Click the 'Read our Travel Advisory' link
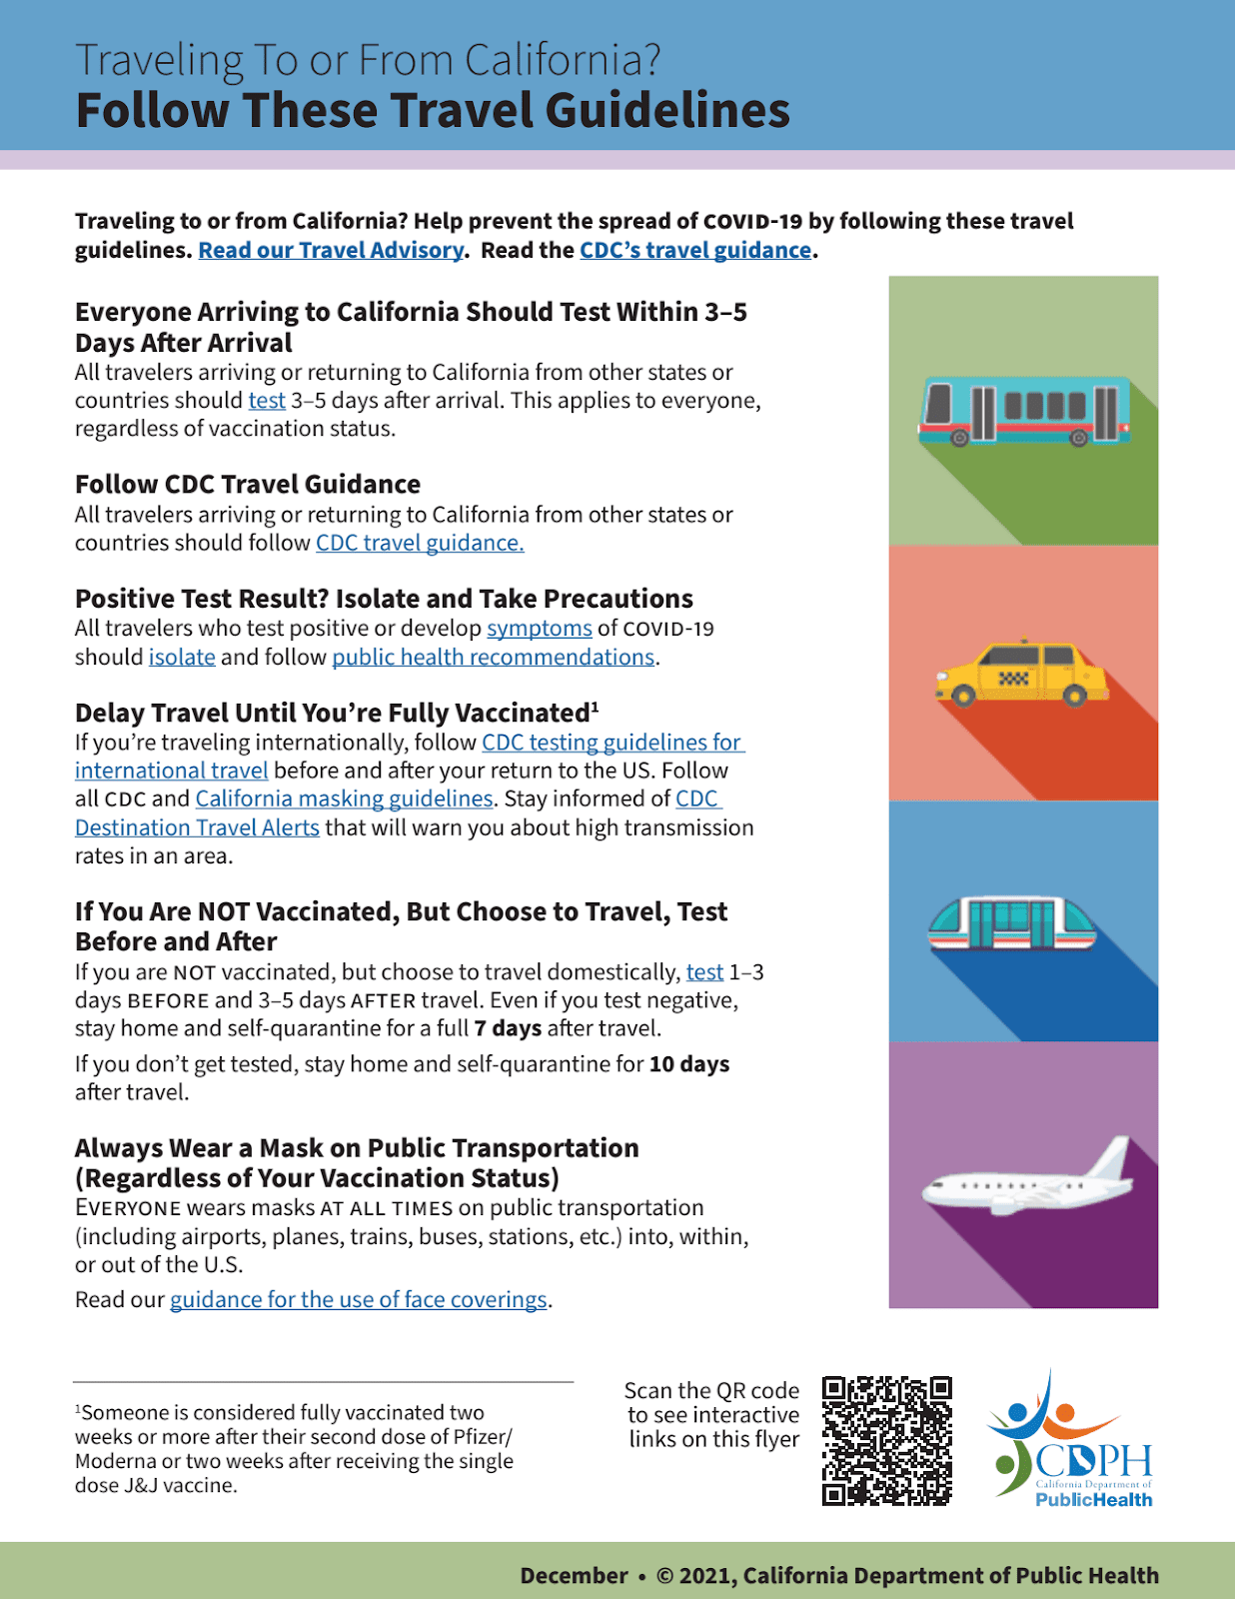pyautogui.click(x=331, y=250)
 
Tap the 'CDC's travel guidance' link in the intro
pyautogui.click(x=695, y=250)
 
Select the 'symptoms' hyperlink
pyautogui.click(x=540, y=629)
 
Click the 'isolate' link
pyautogui.click(x=182, y=658)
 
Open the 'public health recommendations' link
pyautogui.click(x=494, y=658)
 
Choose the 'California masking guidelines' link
pyautogui.click(x=344, y=799)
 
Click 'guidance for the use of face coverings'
pyautogui.click(x=359, y=1300)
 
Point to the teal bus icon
pyautogui.click(x=1023, y=411)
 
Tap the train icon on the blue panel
pyautogui.click(x=1011, y=923)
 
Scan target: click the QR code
pyautogui.click(x=886, y=1441)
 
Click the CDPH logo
pyautogui.click(x=1070, y=1441)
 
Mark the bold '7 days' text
pyautogui.click(x=508, y=1029)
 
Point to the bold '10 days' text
pyautogui.click(x=689, y=1064)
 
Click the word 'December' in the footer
pyautogui.click(x=574, y=1576)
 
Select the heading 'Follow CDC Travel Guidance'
pyautogui.click(x=248, y=485)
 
